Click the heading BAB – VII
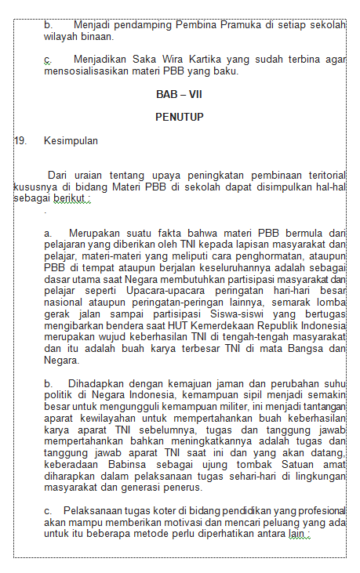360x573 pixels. [179, 94]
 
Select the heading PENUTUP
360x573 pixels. [179, 118]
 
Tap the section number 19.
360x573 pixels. [20, 141]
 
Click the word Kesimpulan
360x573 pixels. [71, 141]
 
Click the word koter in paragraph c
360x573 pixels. [159, 510]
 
